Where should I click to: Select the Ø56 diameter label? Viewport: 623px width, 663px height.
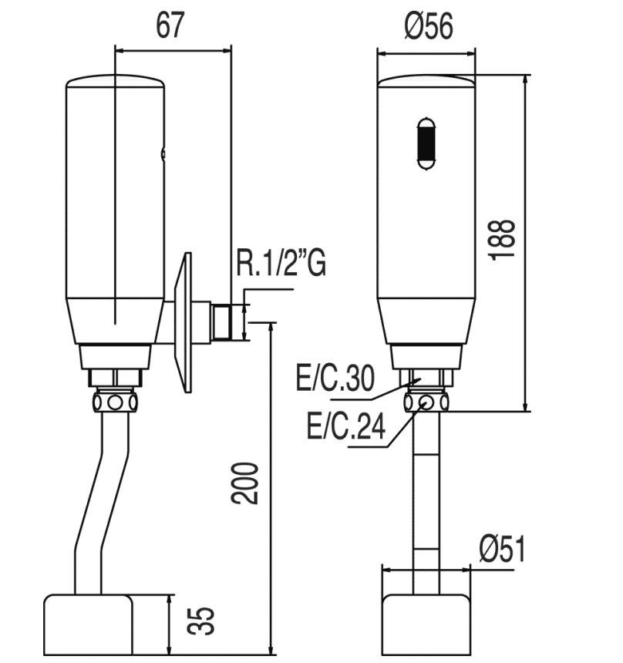[429, 25]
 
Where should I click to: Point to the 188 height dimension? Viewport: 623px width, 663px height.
[502, 239]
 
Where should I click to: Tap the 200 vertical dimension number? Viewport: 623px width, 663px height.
[244, 483]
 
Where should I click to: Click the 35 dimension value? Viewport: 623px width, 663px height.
[201, 621]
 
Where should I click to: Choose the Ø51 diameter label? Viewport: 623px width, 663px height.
[502, 548]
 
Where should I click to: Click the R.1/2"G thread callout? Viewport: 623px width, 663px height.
[281, 264]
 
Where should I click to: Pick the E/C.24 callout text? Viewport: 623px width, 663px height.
[346, 426]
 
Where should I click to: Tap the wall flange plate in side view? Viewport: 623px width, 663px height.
[184, 322]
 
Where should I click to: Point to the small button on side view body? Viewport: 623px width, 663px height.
[163, 154]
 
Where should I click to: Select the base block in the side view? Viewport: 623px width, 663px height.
[88, 624]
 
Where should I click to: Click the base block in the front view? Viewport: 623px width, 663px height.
[426, 624]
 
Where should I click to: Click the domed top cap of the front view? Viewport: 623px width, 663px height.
[426, 81]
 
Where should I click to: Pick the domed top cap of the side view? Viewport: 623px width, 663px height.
[115, 81]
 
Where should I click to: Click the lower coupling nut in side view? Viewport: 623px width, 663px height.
[115, 402]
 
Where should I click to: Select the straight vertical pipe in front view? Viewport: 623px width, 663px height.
[426, 503]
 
